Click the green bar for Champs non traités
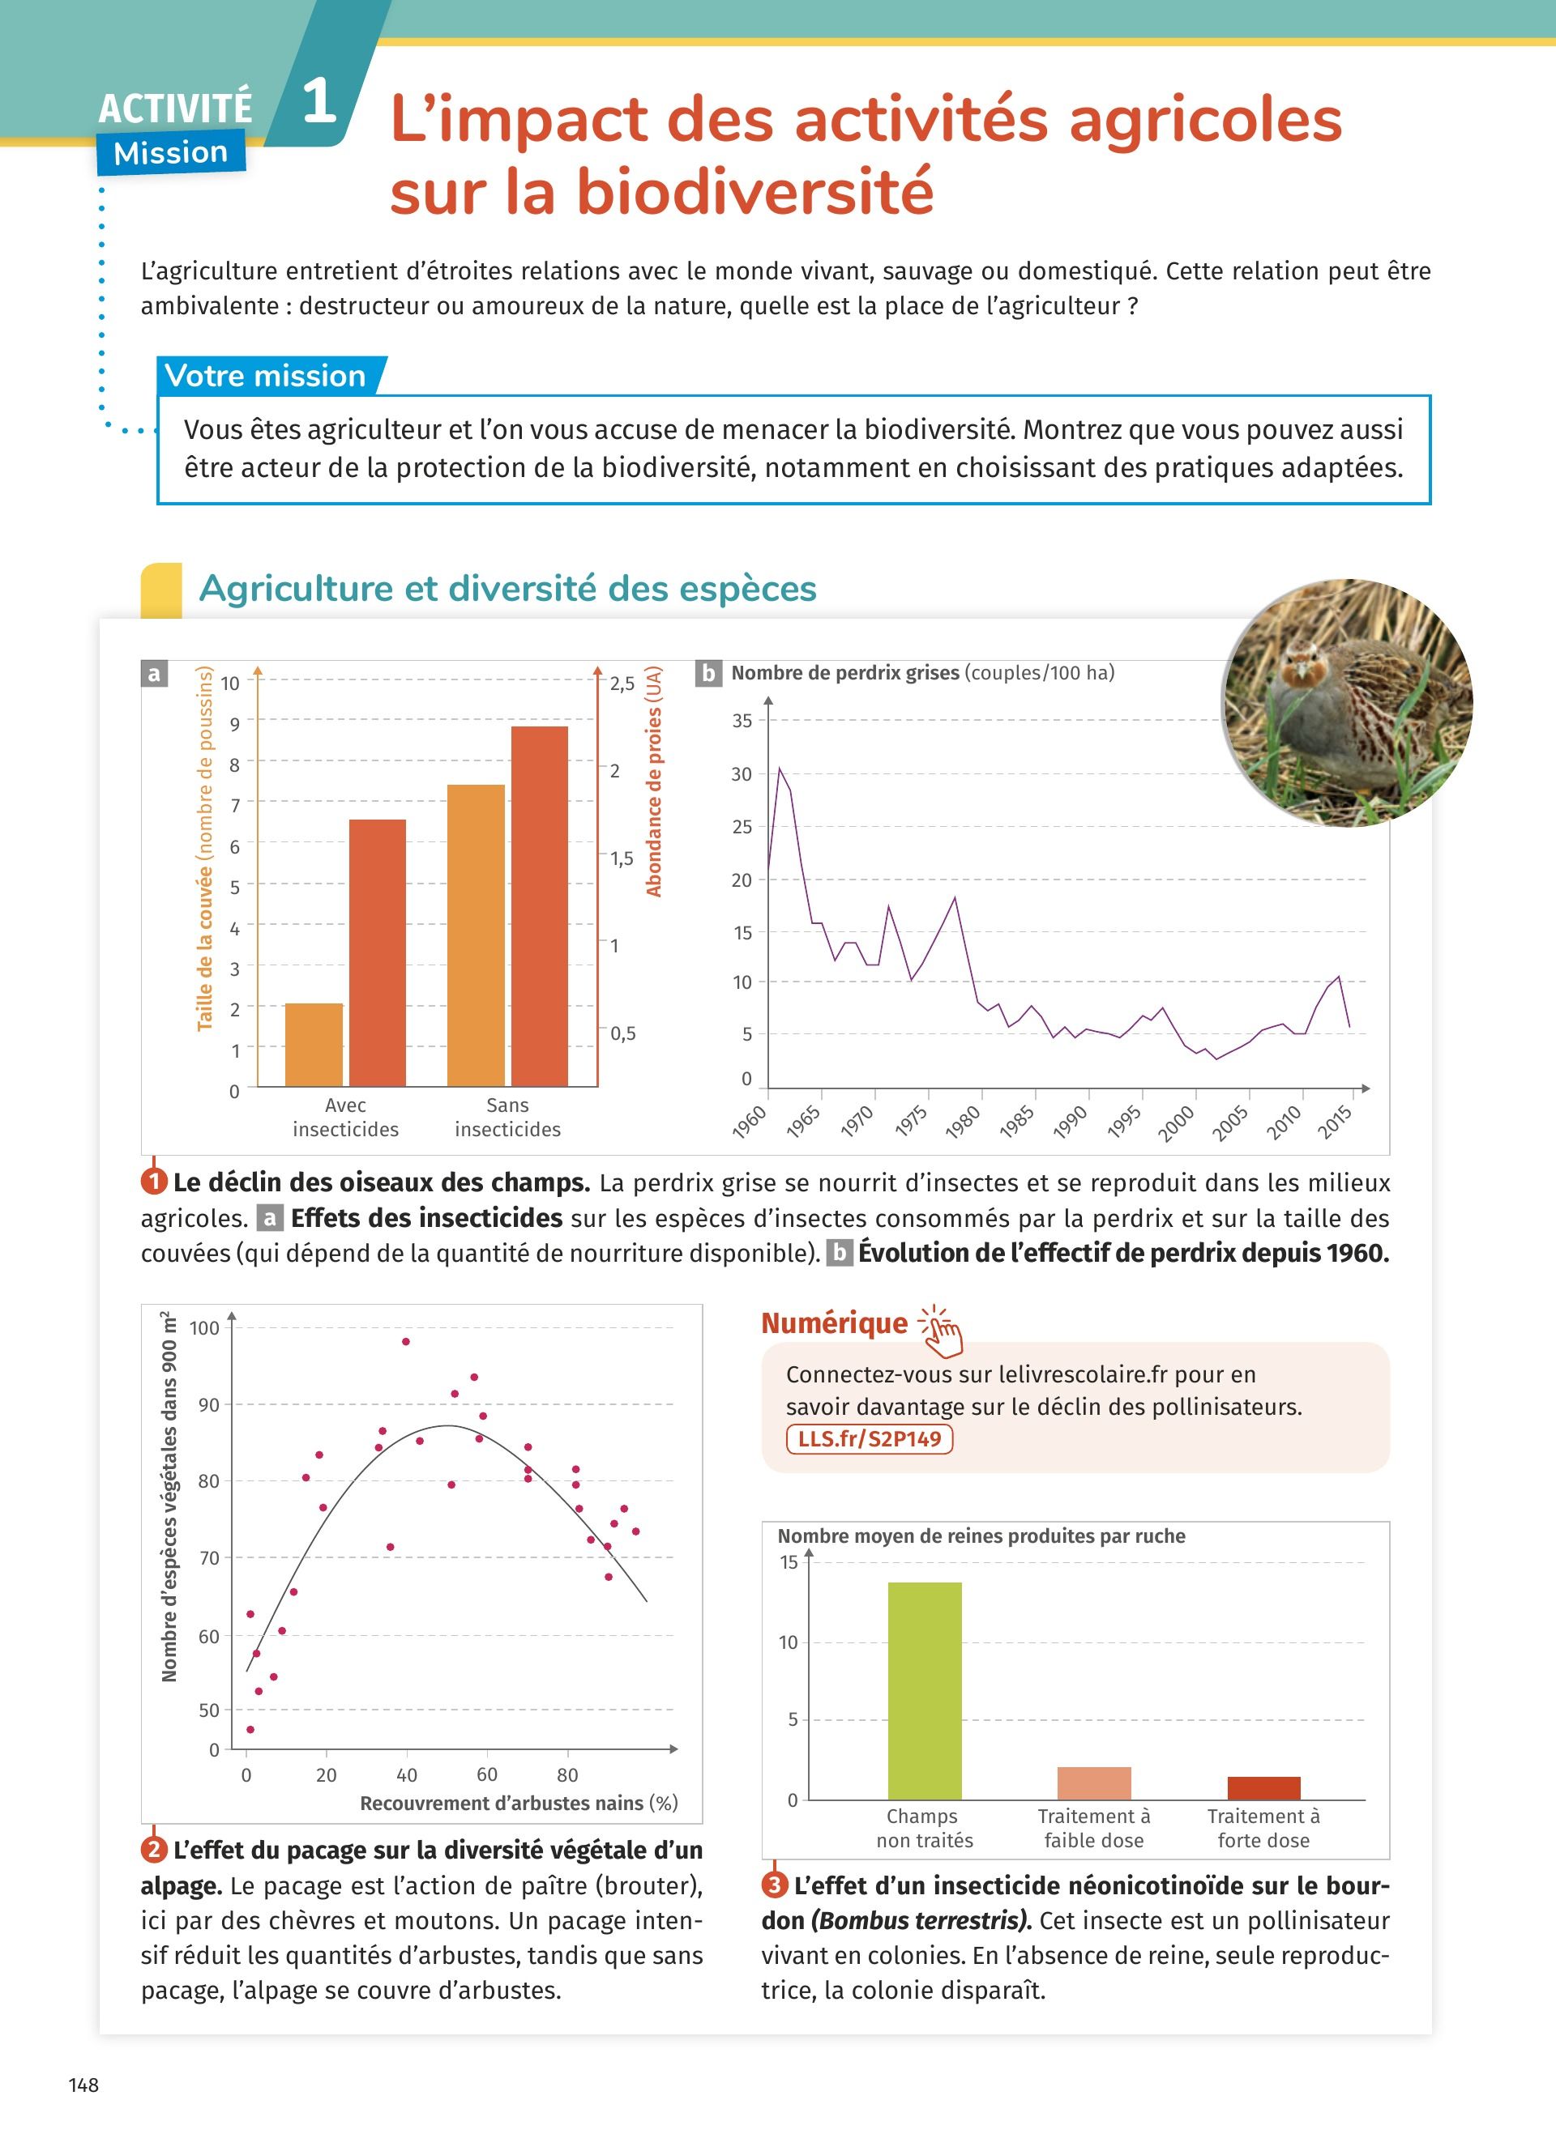click(924, 1690)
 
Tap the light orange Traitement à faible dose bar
click(1094, 1783)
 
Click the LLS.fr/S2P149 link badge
click(869, 1439)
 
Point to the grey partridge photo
click(1347, 703)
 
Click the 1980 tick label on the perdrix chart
click(963, 1122)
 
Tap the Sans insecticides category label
click(507, 1118)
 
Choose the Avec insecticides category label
click(345, 1118)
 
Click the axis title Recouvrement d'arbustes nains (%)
click(518, 1803)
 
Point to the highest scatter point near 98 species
click(406, 1342)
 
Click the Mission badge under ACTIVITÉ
click(171, 153)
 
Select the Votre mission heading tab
click(266, 376)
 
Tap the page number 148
click(83, 2085)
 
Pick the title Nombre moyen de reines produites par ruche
click(981, 1536)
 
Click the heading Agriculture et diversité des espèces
click(507, 588)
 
